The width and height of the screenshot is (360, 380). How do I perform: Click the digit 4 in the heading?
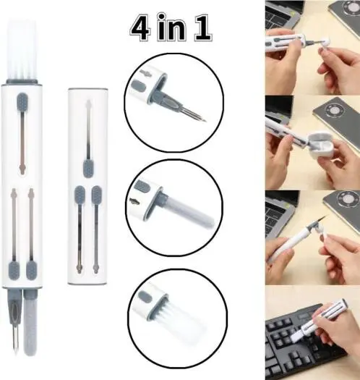140,28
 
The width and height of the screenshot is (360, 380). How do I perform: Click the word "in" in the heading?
171,27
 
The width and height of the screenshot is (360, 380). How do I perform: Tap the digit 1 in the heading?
202,28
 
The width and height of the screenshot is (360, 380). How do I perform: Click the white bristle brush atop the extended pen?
22,50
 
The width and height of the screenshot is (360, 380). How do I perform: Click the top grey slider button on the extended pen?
22,102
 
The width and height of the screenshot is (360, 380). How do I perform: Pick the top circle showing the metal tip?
173,101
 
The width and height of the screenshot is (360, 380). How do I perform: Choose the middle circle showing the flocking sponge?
174,208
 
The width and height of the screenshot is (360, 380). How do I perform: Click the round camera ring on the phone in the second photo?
336,109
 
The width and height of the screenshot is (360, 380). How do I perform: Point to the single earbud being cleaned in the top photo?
324,41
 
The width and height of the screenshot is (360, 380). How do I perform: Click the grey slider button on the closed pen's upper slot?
87,168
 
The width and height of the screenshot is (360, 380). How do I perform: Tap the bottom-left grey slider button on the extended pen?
14,270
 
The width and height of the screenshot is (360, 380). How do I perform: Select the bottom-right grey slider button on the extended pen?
32,269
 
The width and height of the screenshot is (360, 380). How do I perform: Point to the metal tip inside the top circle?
194,114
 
